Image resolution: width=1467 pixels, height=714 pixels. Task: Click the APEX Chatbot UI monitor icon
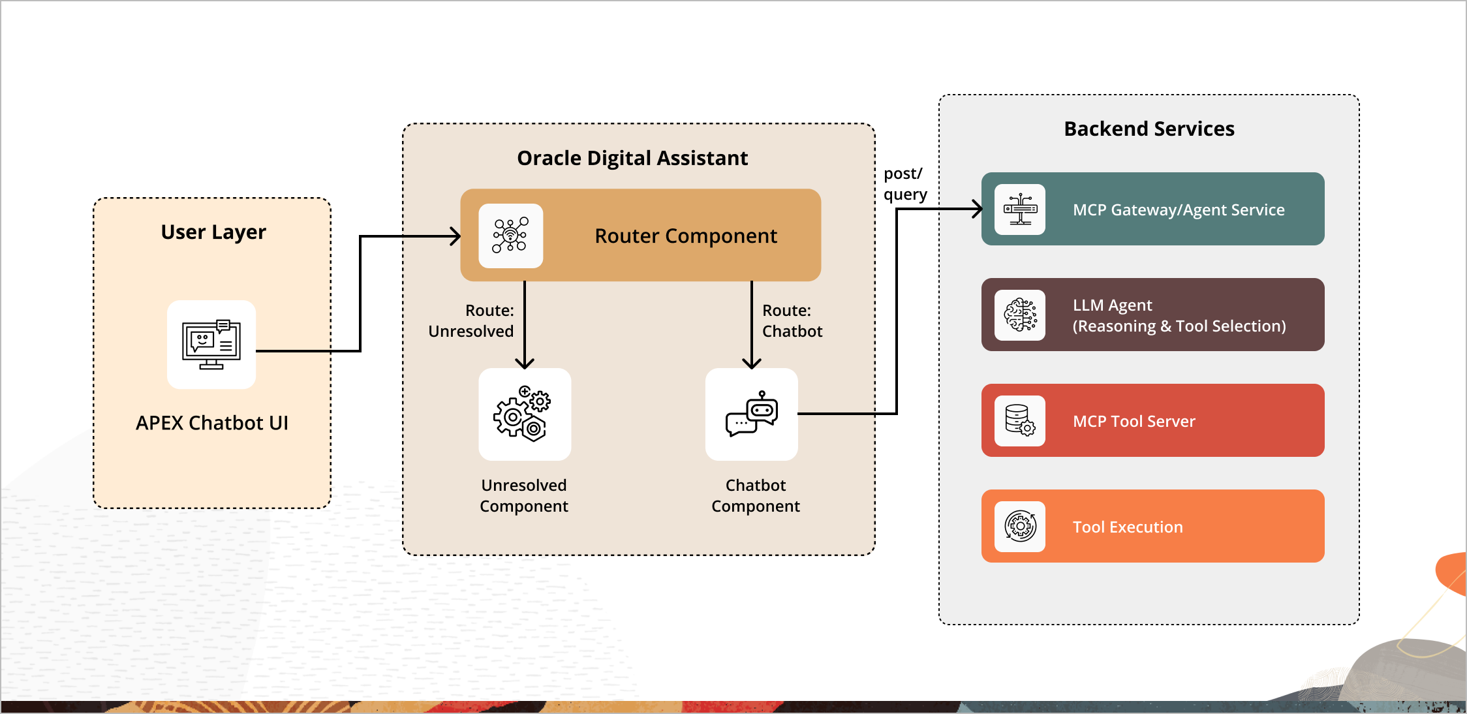211,345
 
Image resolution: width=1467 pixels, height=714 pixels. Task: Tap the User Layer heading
213,232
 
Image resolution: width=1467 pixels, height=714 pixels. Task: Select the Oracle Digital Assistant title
632,158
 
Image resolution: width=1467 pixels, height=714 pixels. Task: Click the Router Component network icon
510,236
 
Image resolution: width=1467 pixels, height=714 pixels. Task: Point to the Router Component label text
685,236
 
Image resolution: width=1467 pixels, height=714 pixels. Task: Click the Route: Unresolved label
471,320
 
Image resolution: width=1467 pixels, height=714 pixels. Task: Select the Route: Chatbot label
792,320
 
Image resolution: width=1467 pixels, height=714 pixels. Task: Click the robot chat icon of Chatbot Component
751,414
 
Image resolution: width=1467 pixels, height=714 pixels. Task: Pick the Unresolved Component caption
523,495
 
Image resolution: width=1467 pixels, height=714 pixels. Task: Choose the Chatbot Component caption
755,495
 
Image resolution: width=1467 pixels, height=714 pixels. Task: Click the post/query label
904,184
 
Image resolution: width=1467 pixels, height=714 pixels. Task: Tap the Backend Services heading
1149,129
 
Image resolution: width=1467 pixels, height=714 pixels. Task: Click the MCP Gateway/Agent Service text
1178,210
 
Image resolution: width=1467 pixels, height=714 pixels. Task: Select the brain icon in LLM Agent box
1019,315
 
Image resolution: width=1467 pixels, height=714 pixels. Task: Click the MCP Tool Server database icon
1019,420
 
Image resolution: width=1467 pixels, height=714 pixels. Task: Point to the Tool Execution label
1127,527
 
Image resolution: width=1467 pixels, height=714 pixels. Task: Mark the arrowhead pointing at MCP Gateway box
978,209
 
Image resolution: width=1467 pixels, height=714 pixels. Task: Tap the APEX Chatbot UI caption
211,423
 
